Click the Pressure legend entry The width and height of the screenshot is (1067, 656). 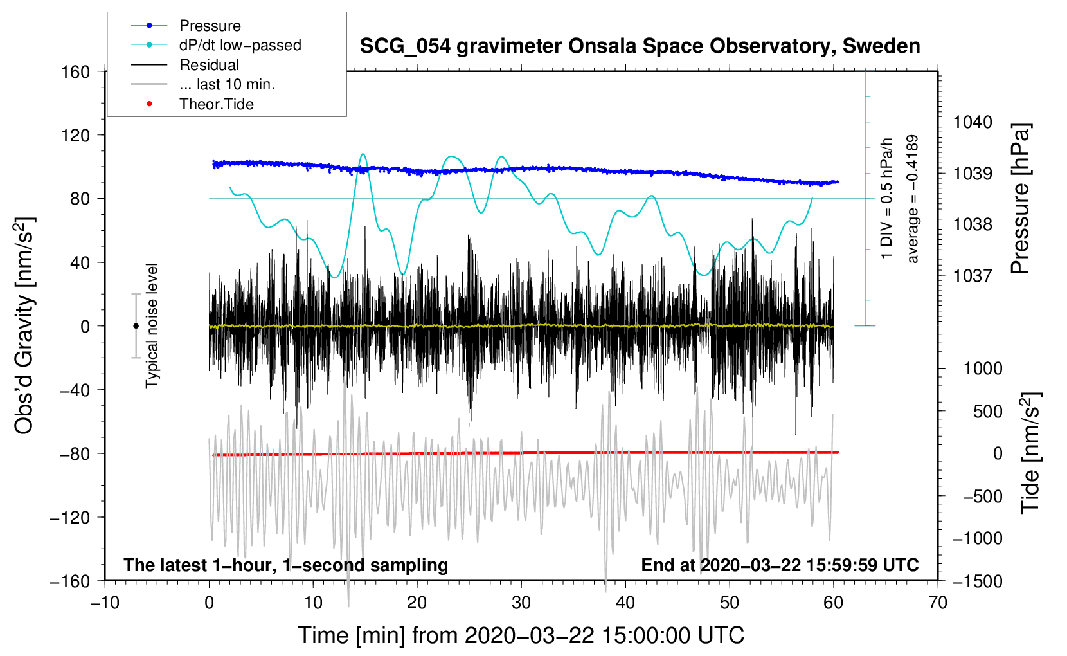(x=210, y=26)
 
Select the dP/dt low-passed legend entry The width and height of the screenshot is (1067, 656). (x=240, y=45)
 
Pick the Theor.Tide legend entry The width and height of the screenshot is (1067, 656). (x=216, y=104)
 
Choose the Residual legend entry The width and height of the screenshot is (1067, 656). (x=209, y=65)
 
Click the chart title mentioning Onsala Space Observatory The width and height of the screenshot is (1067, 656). (x=640, y=46)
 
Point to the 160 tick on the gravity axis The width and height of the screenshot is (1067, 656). (x=76, y=72)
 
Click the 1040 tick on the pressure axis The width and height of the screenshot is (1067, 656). (x=973, y=122)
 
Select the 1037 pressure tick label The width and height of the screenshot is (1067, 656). (x=973, y=276)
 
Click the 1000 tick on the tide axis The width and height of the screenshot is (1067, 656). (x=983, y=369)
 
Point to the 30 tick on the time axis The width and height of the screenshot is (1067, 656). (x=521, y=603)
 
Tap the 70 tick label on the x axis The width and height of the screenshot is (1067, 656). (x=938, y=603)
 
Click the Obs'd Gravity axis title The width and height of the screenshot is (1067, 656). (x=24, y=326)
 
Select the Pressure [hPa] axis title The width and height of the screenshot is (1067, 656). (x=1021, y=199)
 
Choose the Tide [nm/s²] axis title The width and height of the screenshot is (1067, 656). (x=1030, y=453)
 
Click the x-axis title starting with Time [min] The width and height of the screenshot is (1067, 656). (x=521, y=635)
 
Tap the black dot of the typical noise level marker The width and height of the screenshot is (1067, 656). (x=136, y=326)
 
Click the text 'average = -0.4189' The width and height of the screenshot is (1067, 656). (x=913, y=199)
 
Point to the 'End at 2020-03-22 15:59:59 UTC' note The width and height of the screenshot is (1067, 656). (x=780, y=565)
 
